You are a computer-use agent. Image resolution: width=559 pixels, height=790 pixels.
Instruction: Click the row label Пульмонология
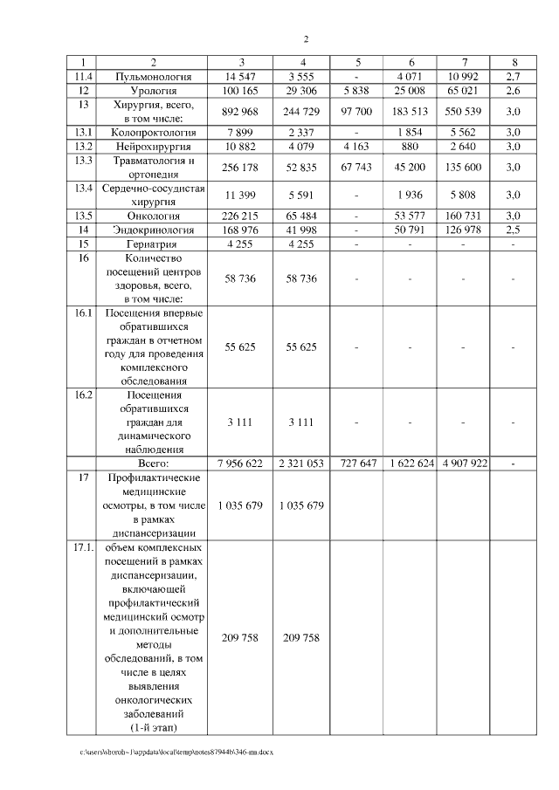pos(153,77)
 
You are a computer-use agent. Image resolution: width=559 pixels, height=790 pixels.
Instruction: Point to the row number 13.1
pos(84,132)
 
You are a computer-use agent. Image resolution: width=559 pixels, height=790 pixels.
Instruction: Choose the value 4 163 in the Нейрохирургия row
pos(357,146)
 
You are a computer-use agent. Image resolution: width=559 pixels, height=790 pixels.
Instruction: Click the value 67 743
pos(357,166)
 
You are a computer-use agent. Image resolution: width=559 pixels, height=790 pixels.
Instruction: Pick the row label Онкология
pos(153,216)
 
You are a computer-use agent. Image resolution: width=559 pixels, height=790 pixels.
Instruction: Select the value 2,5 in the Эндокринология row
pos(514,230)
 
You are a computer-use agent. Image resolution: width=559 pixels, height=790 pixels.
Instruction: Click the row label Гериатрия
pos(153,244)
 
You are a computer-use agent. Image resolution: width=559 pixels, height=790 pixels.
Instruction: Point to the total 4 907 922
pos(464,464)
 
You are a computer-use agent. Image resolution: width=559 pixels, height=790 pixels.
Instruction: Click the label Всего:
pos(154,464)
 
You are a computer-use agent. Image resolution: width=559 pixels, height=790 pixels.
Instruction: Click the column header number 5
pos(357,63)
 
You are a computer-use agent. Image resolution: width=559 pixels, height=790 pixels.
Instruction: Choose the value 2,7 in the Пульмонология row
pos(514,77)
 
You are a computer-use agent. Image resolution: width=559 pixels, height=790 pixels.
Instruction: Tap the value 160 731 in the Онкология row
pos(464,216)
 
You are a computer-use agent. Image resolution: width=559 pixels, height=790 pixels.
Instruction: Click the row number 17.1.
pos(84,547)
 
